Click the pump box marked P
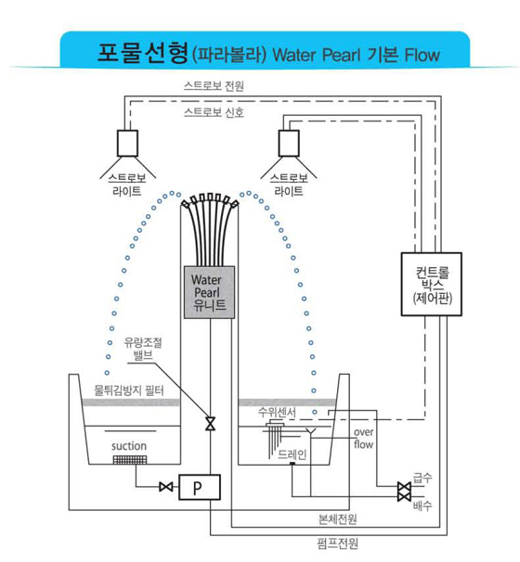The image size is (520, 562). coord(200,487)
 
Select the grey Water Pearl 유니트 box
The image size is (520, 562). coord(209,292)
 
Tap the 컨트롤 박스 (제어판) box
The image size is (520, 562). coord(432,284)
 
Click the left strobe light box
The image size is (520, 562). coord(127,144)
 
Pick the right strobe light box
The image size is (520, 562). coord(289,144)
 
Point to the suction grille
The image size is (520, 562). coord(130,459)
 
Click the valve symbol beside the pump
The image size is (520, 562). coord(166,487)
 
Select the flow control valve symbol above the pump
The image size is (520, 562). coord(210,423)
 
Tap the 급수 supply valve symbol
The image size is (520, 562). coord(404,487)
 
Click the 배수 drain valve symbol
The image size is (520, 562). coord(404,497)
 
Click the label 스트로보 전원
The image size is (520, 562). coord(214,86)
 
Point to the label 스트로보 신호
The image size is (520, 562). coord(214,112)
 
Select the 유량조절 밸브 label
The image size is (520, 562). coord(143,349)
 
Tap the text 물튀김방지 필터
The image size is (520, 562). coord(129,390)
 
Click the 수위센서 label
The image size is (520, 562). coord(277,412)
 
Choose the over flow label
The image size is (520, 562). coord(363,438)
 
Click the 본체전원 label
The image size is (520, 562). coord(338,518)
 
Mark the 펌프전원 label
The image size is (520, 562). coord(338,543)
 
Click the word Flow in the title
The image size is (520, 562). coord(422,55)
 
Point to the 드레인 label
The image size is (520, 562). coord(292,454)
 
